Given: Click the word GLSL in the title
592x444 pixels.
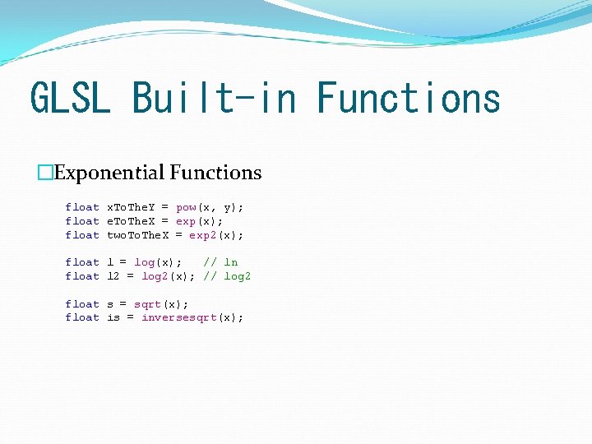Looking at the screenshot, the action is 69,98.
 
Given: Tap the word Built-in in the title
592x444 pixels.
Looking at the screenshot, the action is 213,98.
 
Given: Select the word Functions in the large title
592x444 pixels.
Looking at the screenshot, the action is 409,98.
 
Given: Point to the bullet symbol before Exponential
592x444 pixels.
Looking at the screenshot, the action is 45,173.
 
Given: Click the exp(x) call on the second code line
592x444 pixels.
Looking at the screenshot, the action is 198,221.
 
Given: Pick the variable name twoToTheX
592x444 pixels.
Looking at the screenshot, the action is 137,235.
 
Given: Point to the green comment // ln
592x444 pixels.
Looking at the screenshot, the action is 220,262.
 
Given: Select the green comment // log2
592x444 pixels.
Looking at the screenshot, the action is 227,276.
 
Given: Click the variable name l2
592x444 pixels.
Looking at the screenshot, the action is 113,276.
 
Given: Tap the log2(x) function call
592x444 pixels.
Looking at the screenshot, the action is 168,276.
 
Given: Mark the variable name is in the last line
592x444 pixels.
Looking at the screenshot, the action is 113,317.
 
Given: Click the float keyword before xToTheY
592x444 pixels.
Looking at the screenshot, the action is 82,207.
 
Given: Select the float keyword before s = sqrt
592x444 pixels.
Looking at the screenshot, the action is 82,304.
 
